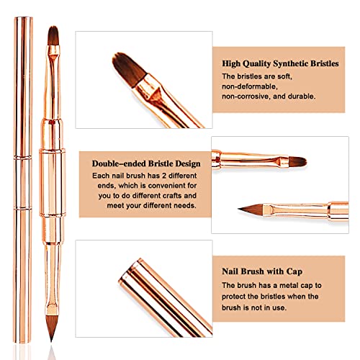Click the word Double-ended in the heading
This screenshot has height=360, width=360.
[x=117, y=162]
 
